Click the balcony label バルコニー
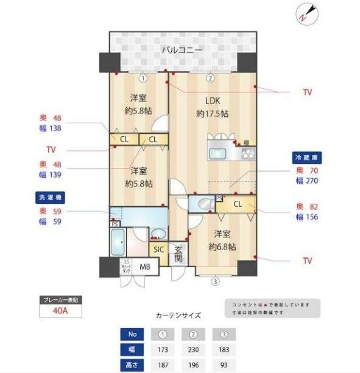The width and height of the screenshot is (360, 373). pos(182,50)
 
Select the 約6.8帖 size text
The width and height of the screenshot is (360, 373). pos(222,246)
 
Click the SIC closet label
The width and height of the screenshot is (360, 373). pos(158,249)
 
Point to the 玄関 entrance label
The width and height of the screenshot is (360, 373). pos(178,253)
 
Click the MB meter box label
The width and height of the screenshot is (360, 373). pos(145,267)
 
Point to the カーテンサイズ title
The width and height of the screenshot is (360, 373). pos(178,316)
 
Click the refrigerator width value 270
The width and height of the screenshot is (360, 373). pos(311,181)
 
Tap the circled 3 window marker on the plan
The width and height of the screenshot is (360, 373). pos(214,281)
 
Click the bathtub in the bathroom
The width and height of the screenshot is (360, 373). pos(118,243)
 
